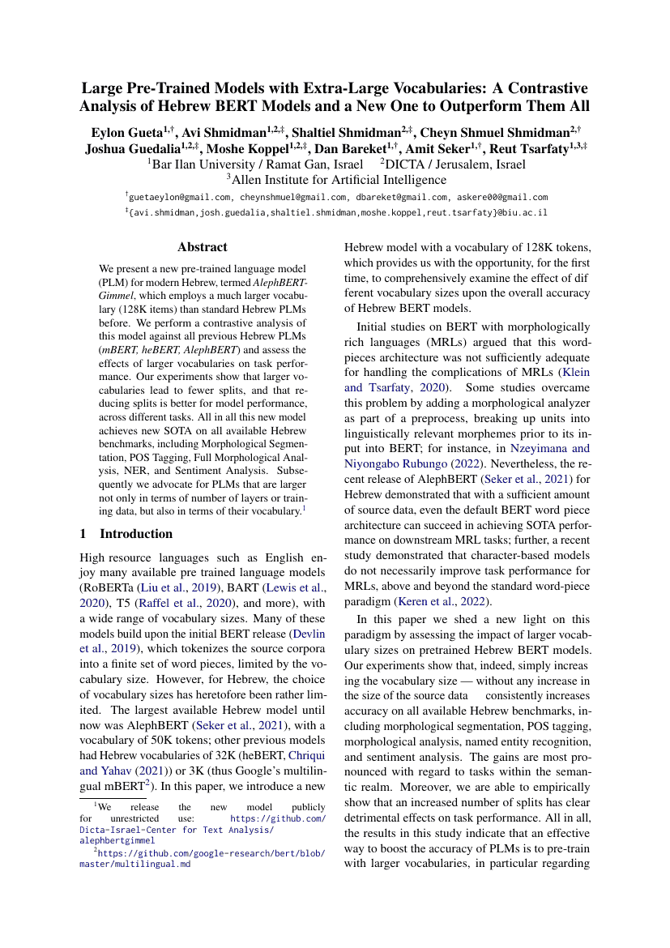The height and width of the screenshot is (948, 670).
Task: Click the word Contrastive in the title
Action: [x=541, y=88]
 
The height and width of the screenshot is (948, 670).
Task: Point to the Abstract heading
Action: [x=203, y=247]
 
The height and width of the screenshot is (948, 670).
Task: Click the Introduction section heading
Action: [x=135, y=533]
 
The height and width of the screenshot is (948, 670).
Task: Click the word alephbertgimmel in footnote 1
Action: [x=117, y=841]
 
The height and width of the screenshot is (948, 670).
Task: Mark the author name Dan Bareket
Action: [x=397, y=148]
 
